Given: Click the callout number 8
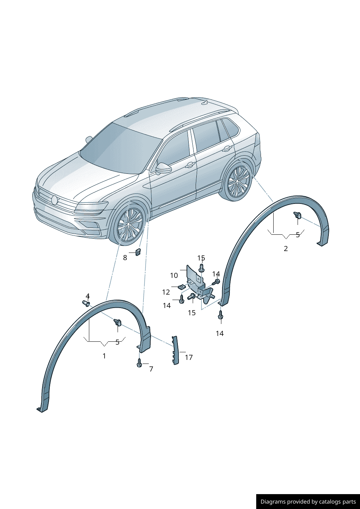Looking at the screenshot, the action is click(x=125, y=258).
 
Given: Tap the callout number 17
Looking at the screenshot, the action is click(x=189, y=358).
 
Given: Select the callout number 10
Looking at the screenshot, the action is click(x=174, y=276).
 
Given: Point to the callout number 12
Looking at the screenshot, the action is click(x=166, y=292).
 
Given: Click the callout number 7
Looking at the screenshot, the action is click(x=151, y=369).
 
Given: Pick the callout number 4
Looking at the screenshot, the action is click(x=88, y=296).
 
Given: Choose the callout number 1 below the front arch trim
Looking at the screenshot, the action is click(x=104, y=356).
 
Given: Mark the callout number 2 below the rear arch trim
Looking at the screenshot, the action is click(x=286, y=249).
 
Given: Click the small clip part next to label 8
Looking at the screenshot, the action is click(x=138, y=252).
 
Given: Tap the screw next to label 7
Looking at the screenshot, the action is click(x=139, y=363).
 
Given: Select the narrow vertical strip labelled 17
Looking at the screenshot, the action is click(x=175, y=350).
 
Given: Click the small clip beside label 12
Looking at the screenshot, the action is click(x=181, y=287).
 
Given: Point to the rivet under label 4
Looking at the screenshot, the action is click(x=86, y=303).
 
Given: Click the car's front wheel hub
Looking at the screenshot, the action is click(x=128, y=224).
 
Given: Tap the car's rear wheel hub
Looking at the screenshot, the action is click(x=237, y=181).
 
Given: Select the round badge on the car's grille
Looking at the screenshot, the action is click(x=54, y=200).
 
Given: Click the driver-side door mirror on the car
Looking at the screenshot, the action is click(x=163, y=168).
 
